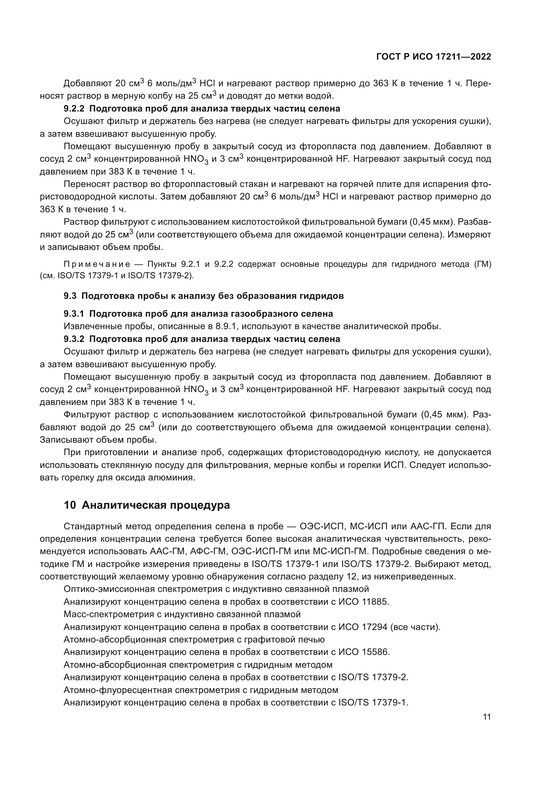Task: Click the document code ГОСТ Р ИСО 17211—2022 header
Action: coord(434,57)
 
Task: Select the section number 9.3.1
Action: coord(74,314)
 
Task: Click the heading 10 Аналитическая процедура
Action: coord(147,506)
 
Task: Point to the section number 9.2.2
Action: coord(74,109)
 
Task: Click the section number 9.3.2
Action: coord(74,339)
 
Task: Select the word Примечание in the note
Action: coord(97,264)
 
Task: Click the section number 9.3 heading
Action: coord(70,296)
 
